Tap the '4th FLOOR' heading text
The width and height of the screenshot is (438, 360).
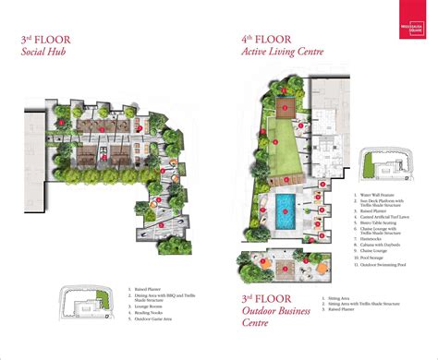click(268, 39)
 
